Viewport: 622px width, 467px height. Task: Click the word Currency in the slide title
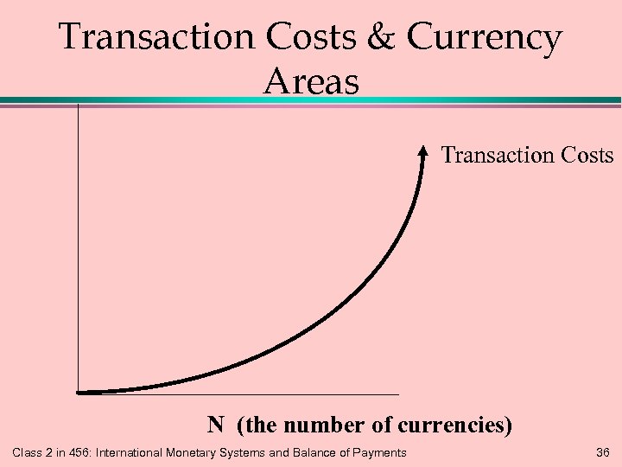(x=486, y=39)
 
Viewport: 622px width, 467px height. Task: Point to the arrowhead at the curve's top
(x=422, y=152)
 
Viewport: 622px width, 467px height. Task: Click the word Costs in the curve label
(x=582, y=156)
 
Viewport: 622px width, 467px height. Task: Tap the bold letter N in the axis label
(x=216, y=425)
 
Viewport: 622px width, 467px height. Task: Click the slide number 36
(x=603, y=452)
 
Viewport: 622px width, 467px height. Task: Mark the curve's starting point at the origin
(x=79, y=393)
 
